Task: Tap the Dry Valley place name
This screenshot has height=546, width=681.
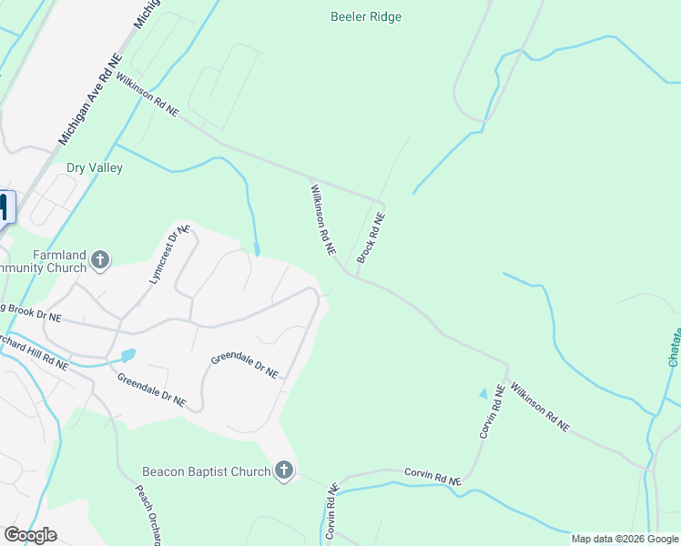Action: (x=94, y=168)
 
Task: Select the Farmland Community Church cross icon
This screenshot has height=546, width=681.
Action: (x=100, y=261)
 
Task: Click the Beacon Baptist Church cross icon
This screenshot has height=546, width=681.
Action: (x=284, y=471)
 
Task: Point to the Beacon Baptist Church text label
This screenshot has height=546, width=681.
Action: (x=207, y=471)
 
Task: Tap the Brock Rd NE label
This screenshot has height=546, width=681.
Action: (x=371, y=238)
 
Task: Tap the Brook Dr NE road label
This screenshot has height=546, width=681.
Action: (x=30, y=314)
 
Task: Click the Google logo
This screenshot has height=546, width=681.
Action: (x=30, y=535)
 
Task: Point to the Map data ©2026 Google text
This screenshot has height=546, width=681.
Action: (x=625, y=539)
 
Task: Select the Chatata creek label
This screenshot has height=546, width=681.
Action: (x=674, y=337)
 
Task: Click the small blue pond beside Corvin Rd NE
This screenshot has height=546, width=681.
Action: (x=483, y=394)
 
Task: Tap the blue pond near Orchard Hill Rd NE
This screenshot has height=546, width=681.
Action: (x=128, y=355)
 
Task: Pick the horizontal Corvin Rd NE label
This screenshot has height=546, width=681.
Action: (x=433, y=476)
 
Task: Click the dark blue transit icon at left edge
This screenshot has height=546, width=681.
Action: (x=5, y=207)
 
